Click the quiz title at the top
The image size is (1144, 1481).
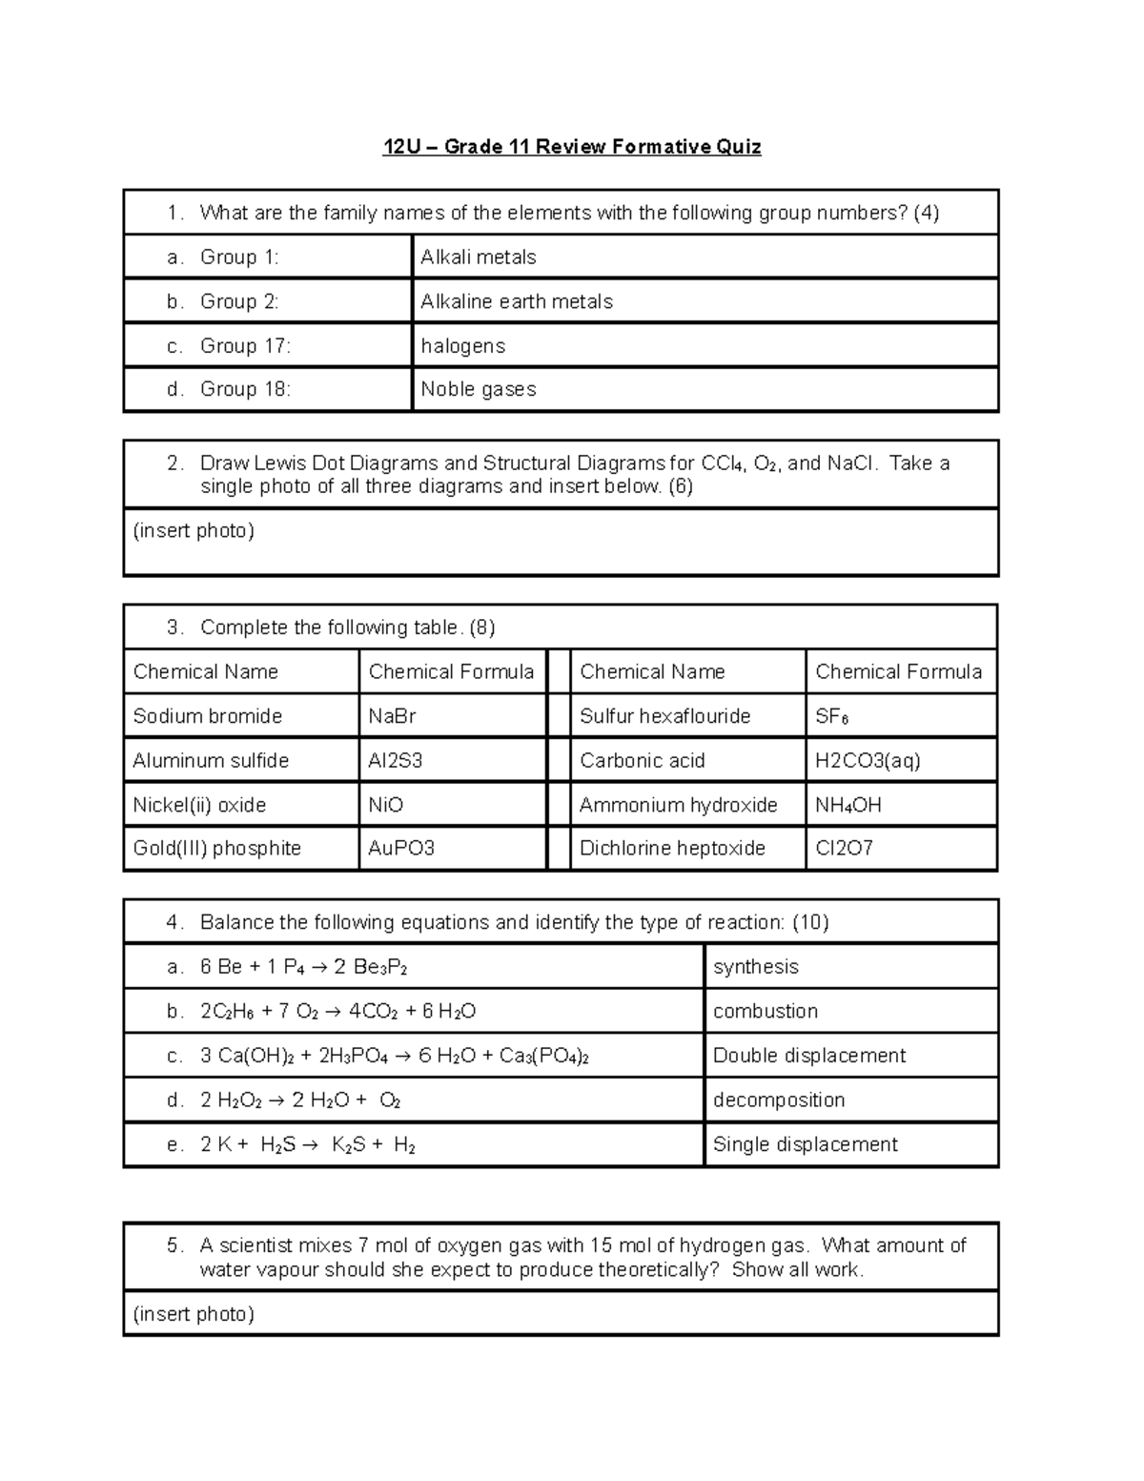pyautogui.click(x=571, y=147)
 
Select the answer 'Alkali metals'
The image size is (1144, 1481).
pyautogui.click(x=479, y=257)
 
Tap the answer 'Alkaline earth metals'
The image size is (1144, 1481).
pyautogui.click(x=517, y=301)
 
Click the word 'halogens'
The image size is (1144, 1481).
pyautogui.click(x=463, y=346)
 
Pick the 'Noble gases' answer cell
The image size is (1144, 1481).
pyautogui.click(x=479, y=389)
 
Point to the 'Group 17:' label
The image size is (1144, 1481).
pyautogui.click(x=245, y=346)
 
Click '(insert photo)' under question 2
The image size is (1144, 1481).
pyautogui.click(x=194, y=530)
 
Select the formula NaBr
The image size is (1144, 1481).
pyautogui.click(x=393, y=716)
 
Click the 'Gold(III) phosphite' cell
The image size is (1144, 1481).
pyautogui.click(x=217, y=849)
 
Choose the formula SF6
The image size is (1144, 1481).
pyautogui.click(x=832, y=717)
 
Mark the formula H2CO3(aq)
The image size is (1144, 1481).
pyautogui.click(x=868, y=761)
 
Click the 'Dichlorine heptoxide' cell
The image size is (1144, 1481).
pyautogui.click(x=672, y=849)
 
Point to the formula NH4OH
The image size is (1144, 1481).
pyautogui.click(x=848, y=806)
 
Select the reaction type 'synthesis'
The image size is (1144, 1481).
pyautogui.click(x=756, y=967)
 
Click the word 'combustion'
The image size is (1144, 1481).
pyautogui.click(x=766, y=1011)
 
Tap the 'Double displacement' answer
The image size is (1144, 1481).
pyautogui.click(x=809, y=1056)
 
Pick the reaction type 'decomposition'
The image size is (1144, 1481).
pyautogui.click(x=779, y=1100)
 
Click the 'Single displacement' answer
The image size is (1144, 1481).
pyautogui.click(x=806, y=1144)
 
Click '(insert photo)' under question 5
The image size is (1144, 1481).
pyautogui.click(x=194, y=1314)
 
